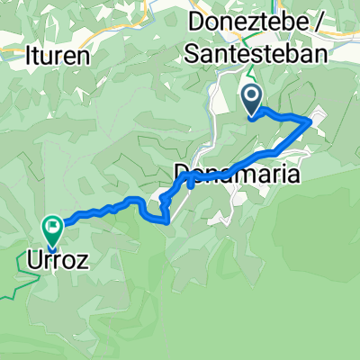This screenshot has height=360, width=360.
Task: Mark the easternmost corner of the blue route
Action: pyautogui.click(x=311, y=120)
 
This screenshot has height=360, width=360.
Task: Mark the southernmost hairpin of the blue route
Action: pyautogui.click(x=166, y=220)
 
